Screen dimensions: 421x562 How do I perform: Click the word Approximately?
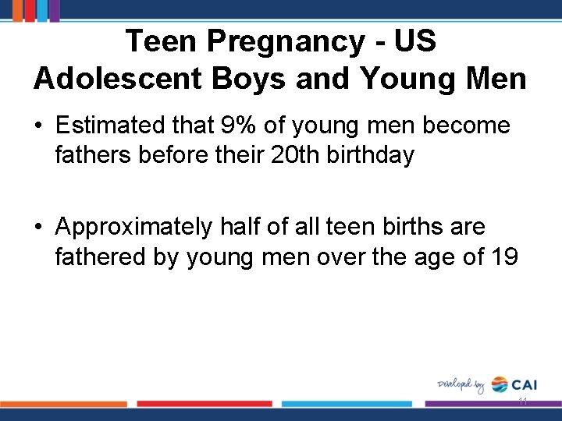133,227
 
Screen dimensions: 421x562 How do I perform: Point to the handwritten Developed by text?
461,384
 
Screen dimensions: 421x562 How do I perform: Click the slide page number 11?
522,402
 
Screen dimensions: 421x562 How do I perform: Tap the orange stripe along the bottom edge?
63,404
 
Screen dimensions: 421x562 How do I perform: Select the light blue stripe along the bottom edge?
347,404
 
